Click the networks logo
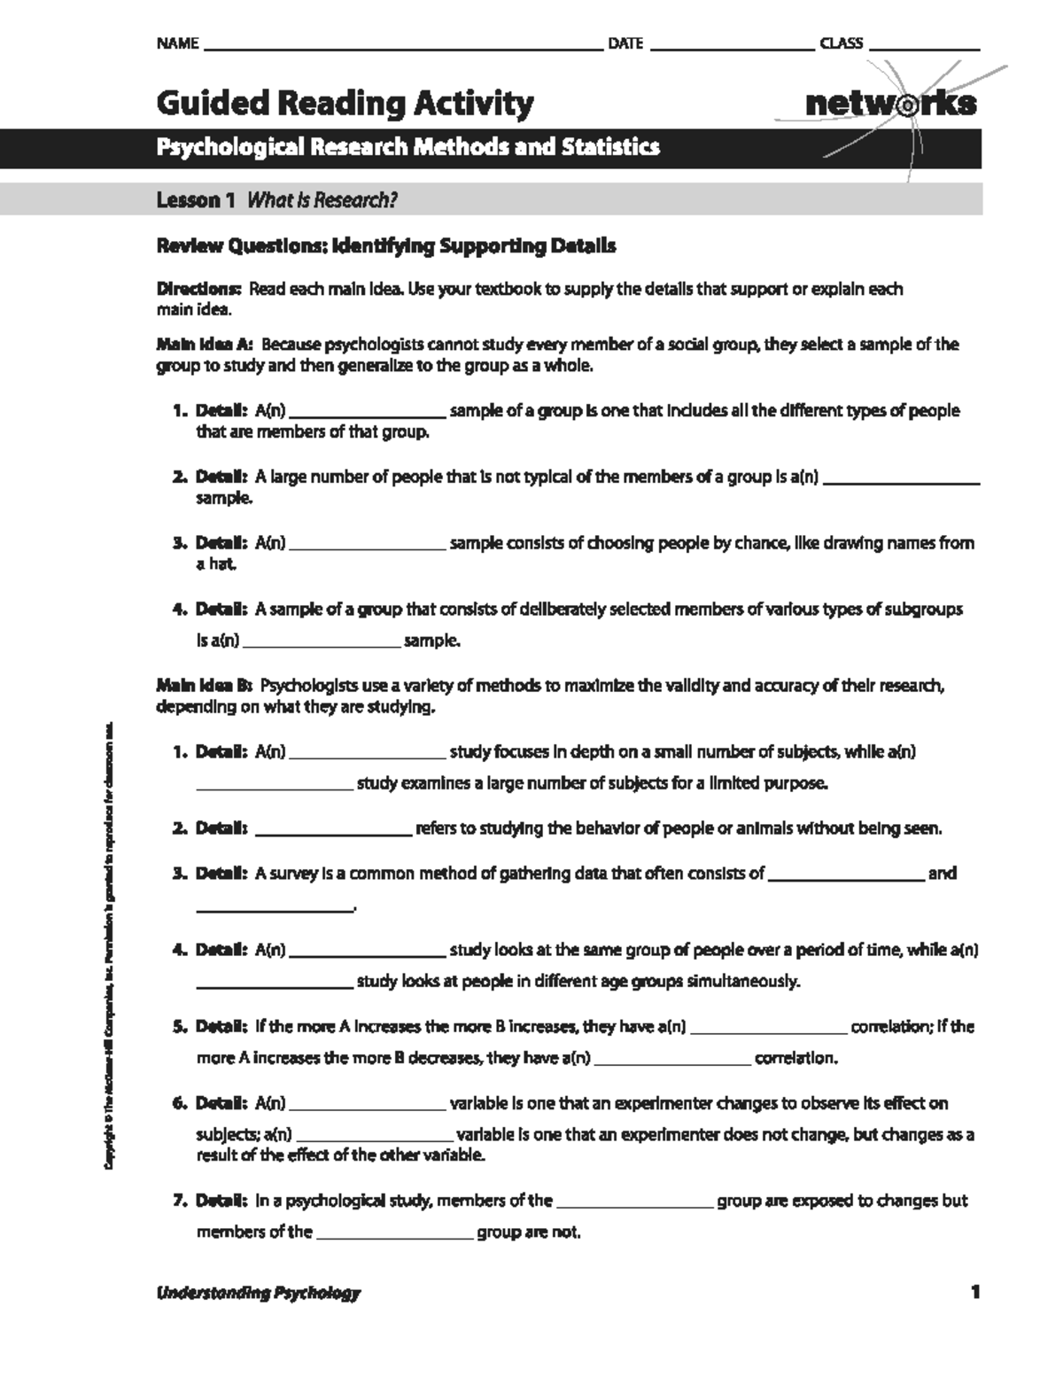pyautogui.click(x=890, y=104)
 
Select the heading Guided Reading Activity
pyautogui.click(x=345, y=104)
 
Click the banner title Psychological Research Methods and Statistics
pyautogui.click(x=407, y=147)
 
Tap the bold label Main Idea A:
pyautogui.click(x=205, y=344)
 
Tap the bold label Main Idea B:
pyautogui.click(x=205, y=686)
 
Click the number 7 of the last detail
pyautogui.click(x=177, y=1201)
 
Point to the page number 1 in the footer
pyautogui.click(x=974, y=1293)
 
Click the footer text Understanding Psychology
pyautogui.click(x=258, y=1293)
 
